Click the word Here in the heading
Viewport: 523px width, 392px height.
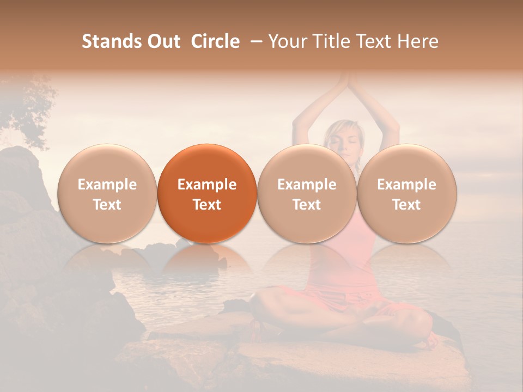[x=417, y=41]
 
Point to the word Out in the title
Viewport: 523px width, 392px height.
[x=164, y=41]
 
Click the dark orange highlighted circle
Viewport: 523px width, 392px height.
[x=207, y=193]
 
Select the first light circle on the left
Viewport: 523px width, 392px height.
[x=107, y=193]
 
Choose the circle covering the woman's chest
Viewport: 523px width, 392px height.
[x=307, y=193]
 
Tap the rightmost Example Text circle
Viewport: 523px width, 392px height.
[x=406, y=193]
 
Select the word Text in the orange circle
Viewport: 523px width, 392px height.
[x=207, y=205]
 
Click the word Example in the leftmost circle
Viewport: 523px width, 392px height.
[x=107, y=185]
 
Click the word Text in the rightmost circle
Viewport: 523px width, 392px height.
[x=406, y=205]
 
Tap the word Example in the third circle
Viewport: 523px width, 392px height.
[x=307, y=185]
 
